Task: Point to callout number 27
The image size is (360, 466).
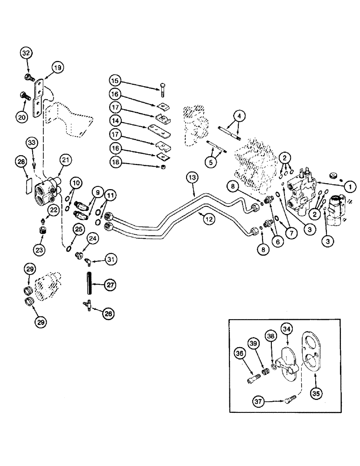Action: point(110,285)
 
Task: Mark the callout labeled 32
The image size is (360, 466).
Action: point(26,53)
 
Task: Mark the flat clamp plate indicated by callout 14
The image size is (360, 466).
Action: point(159,129)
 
